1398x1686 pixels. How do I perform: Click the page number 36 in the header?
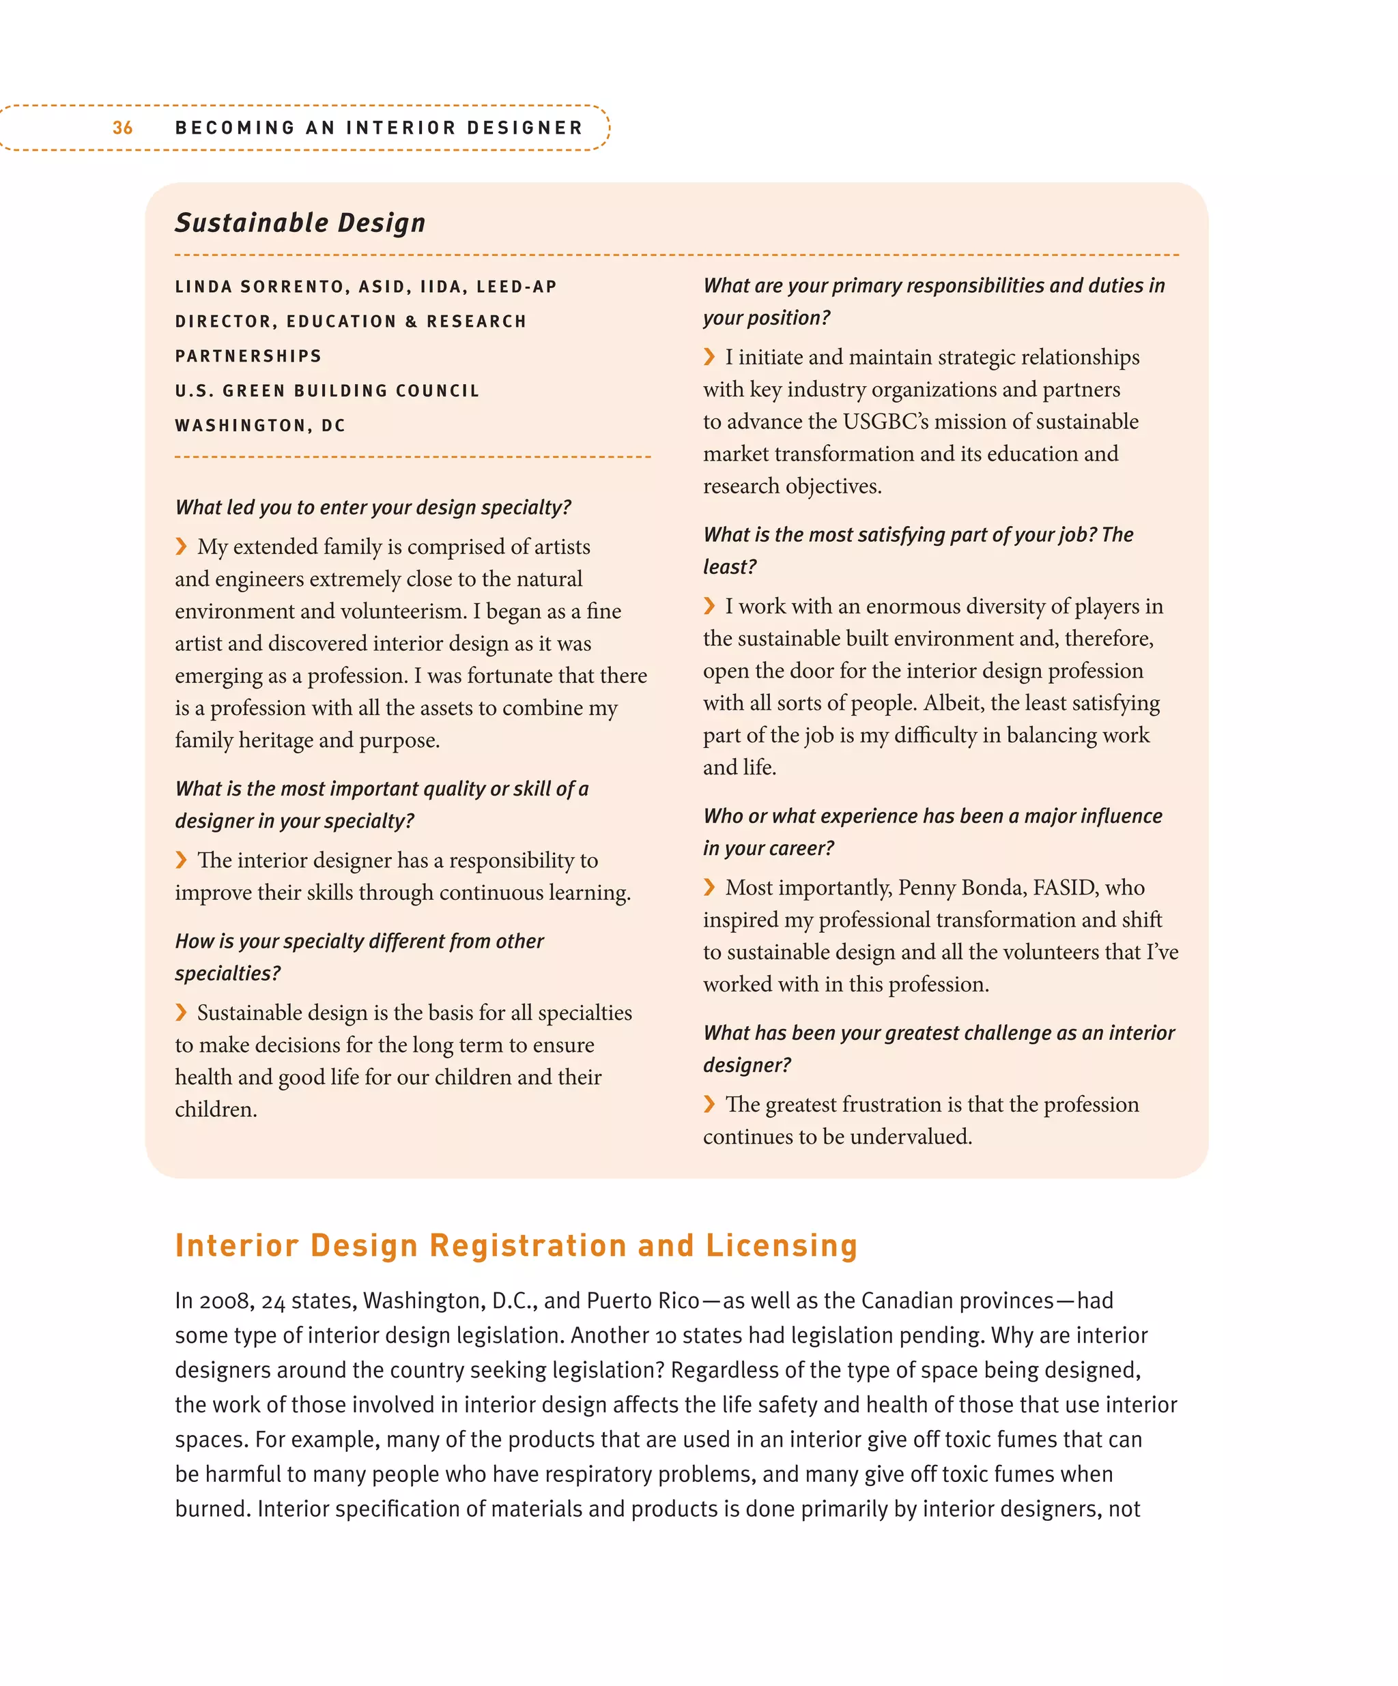tap(122, 128)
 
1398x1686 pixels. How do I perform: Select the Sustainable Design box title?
tap(300, 222)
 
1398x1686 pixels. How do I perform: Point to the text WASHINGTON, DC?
tap(260, 426)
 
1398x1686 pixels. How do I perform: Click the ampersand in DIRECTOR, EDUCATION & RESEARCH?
tap(411, 321)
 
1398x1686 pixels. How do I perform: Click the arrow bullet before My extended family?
tap(182, 547)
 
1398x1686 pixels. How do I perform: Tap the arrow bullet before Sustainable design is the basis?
tap(182, 1013)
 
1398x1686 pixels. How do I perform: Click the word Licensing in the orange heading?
tap(782, 1245)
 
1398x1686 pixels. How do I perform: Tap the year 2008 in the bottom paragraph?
tap(214, 1300)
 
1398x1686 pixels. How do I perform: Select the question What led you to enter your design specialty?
tap(373, 508)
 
